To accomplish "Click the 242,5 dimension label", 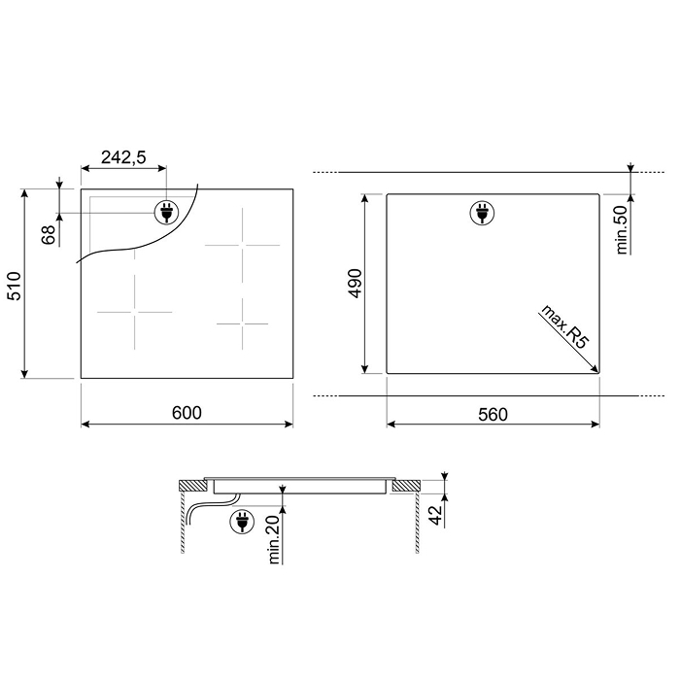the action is click(123, 157).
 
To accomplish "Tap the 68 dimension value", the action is click(49, 235).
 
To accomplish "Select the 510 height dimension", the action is click(15, 286).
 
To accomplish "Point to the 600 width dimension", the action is click(187, 413).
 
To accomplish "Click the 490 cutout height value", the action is click(355, 284).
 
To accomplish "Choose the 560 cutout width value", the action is click(493, 415).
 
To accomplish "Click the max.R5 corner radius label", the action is click(564, 326).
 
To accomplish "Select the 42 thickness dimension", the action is click(436, 515).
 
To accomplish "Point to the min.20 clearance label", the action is click(274, 539).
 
